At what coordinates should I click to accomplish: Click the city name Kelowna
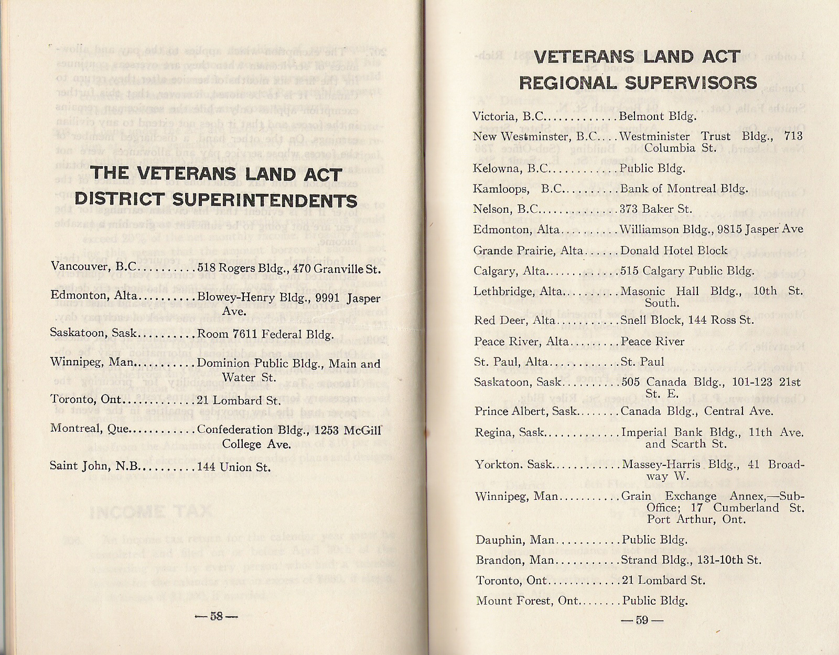492,168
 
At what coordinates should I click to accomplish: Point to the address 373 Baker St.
656,209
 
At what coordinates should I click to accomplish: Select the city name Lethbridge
498,291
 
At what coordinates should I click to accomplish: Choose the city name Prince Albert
504,411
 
